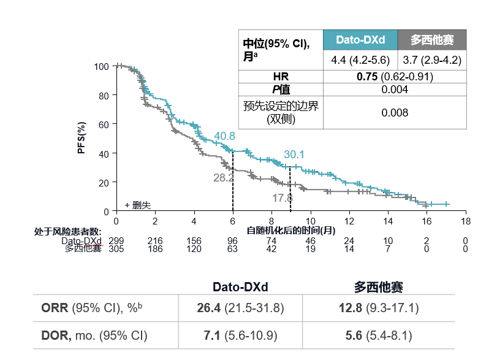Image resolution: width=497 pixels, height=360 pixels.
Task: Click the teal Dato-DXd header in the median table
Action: click(360, 40)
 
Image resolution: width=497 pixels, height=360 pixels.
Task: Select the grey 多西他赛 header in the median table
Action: click(432, 40)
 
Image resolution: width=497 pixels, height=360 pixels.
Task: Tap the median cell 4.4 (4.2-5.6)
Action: click(360, 60)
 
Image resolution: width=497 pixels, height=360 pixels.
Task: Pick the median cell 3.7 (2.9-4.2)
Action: click(432, 60)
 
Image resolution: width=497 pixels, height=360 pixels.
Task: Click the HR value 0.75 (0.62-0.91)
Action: click(395, 77)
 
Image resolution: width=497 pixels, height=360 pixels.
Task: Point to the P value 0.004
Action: click(395, 90)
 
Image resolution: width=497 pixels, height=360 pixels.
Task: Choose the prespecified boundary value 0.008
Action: click(395, 113)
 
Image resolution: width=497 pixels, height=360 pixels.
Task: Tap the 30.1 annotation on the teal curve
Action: click(294, 155)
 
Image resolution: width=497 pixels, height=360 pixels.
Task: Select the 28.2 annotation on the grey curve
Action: click(224, 178)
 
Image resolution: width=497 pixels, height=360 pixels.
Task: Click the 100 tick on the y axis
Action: click(102, 66)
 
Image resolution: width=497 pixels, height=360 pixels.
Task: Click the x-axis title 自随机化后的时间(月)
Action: click(291, 231)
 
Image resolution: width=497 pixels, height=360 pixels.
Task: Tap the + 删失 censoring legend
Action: click(137, 205)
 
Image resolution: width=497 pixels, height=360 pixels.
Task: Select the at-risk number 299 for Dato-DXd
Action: click(116, 241)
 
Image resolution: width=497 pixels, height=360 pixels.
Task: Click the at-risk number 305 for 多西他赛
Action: click(116, 249)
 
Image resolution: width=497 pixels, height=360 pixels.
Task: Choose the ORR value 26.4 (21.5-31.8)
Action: click(240, 308)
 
